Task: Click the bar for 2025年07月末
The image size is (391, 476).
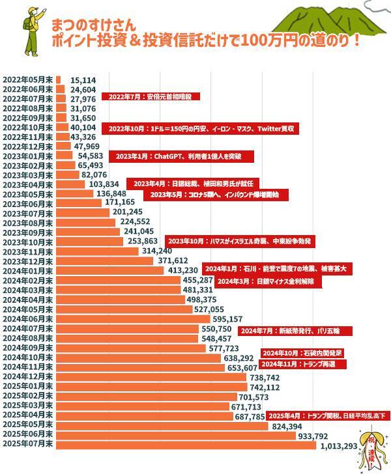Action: click(x=186, y=445)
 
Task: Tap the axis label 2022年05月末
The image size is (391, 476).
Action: click(x=27, y=79)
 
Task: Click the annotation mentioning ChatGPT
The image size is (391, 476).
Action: click(x=182, y=157)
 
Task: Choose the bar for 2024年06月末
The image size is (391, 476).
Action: click(x=133, y=319)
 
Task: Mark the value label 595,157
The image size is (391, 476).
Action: click(x=227, y=319)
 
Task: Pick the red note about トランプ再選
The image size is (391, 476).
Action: click(x=303, y=364)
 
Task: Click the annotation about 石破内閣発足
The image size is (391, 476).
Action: click(x=303, y=353)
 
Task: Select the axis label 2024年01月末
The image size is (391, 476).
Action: click(x=27, y=270)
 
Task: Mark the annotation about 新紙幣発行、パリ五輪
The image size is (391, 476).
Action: click(x=297, y=331)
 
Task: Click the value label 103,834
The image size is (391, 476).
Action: click(x=103, y=184)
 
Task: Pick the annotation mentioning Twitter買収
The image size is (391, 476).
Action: click(x=202, y=129)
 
